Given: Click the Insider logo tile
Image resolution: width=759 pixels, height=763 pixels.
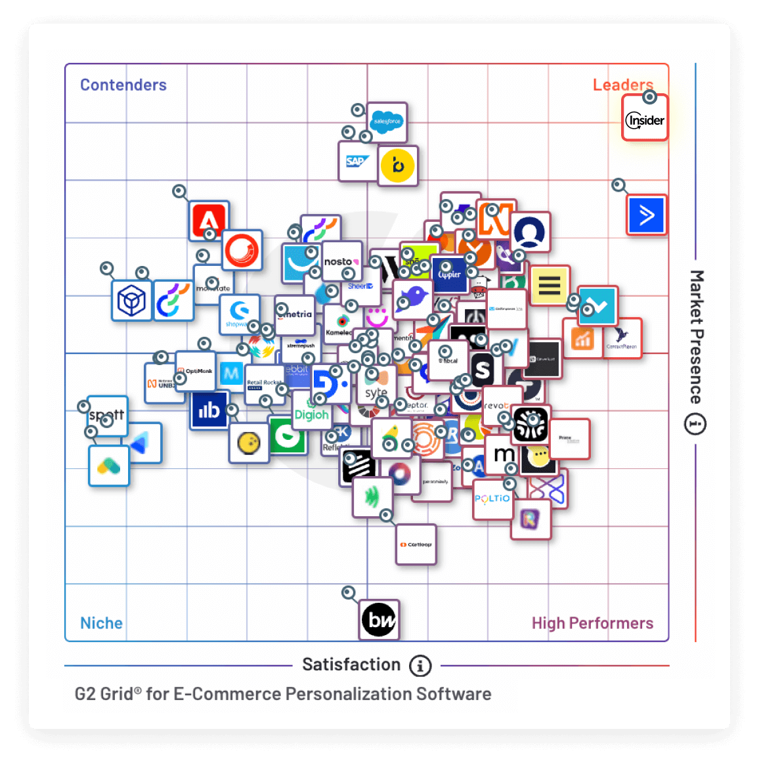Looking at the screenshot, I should click(x=645, y=120).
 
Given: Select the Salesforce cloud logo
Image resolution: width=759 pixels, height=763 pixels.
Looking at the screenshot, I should click(x=387, y=122).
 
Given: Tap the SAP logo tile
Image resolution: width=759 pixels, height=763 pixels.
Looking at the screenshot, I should click(x=357, y=162).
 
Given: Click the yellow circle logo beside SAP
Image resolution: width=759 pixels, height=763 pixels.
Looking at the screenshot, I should click(x=398, y=165).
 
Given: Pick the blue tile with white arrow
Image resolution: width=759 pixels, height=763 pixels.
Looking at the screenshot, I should click(x=647, y=215).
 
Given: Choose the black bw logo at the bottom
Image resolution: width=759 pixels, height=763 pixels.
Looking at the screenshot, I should click(x=379, y=619).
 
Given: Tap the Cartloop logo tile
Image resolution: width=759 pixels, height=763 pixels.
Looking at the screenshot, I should click(x=416, y=544).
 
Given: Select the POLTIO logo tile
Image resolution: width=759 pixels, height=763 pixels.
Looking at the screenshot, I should click(x=492, y=499).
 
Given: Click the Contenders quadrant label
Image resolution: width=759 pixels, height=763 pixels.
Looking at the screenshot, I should click(x=123, y=85).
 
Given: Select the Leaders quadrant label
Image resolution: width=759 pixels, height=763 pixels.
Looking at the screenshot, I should click(x=622, y=85).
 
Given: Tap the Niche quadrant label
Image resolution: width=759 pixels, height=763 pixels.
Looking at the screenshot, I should click(x=101, y=622).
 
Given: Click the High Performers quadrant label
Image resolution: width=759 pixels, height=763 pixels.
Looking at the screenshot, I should click(x=592, y=622).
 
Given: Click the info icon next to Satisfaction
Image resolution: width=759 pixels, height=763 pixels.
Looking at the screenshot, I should click(x=420, y=666).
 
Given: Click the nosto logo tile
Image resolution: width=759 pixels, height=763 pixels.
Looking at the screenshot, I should click(x=341, y=262).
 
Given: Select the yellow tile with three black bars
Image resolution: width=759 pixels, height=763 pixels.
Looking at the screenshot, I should click(x=550, y=285).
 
